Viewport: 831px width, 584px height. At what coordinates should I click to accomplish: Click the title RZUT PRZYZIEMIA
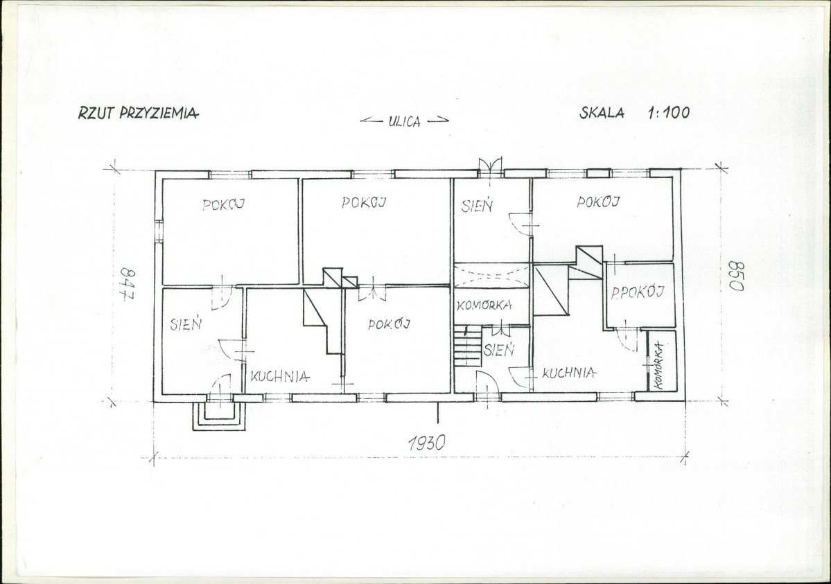pos(139,113)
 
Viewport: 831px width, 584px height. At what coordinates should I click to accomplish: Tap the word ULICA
pos(404,121)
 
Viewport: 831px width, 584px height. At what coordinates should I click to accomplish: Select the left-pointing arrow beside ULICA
pos(372,121)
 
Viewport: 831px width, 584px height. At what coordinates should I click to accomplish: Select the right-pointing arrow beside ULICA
pos(438,121)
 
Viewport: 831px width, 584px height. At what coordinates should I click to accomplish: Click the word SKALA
pos(602,112)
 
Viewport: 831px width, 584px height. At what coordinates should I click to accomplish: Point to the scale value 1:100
pos(669,112)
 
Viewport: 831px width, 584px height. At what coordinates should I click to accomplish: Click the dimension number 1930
pos(427,442)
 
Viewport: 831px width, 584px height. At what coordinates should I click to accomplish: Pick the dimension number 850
pos(736,276)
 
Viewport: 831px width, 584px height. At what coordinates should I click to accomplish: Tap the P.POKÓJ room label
pos(638,292)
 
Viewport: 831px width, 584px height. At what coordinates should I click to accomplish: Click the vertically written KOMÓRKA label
pos(659,365)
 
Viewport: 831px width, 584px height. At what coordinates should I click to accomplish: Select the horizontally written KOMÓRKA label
pos(484,306)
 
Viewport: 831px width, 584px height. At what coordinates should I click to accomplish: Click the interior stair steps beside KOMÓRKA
pos(467,346)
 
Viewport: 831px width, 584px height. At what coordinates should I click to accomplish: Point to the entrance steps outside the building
pos(218,416)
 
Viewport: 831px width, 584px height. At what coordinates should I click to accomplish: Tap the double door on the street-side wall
pos(490,166)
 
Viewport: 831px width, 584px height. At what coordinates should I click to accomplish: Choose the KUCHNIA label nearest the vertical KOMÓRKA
pos(568,373)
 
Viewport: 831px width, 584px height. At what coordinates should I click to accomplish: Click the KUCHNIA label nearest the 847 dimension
pos(280,377)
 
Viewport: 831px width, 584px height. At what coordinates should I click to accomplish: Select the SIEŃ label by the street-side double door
pos(477,206)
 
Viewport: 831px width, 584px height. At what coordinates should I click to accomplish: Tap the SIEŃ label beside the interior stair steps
pos(499,349)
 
